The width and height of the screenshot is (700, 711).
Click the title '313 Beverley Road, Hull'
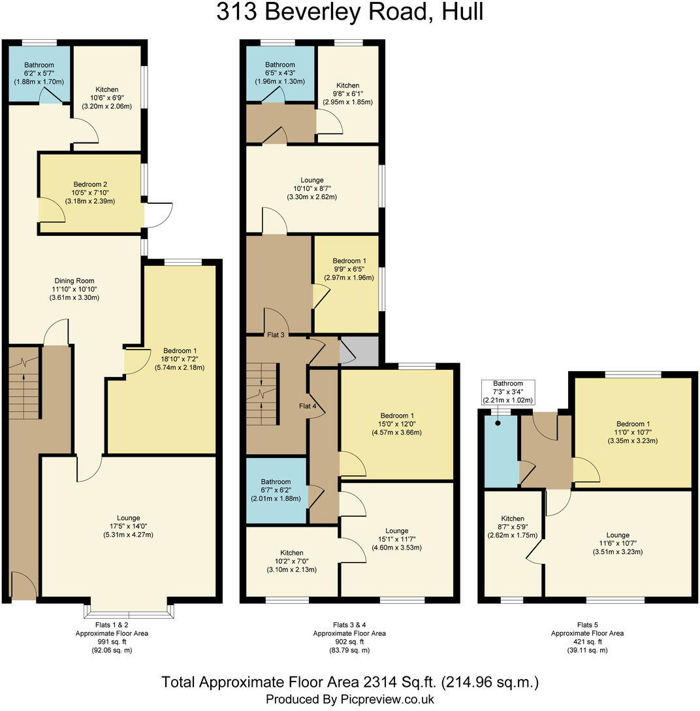(350, 12)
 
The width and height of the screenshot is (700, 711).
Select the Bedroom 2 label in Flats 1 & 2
(91, 184)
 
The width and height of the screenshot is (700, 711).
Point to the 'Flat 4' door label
(308, 406)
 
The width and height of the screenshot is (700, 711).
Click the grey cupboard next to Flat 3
(359, 351)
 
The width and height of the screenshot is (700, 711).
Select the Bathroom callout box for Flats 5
(507, 391)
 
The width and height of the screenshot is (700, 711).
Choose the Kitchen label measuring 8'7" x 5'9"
(513, 519)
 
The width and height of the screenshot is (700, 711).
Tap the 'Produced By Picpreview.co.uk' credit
(350, 699)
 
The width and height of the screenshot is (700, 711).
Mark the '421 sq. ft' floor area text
(587, 641)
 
